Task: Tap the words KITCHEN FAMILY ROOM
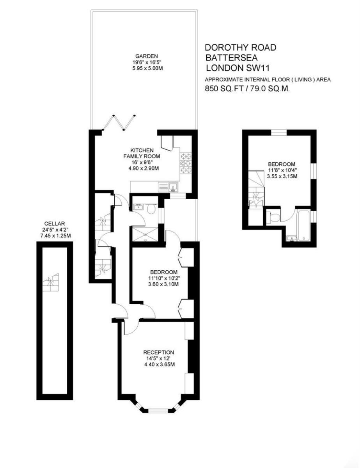tap(142, 153)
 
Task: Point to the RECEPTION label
tap(158, 352)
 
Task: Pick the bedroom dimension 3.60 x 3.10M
tap(164, 284)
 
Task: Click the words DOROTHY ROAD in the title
tap(241, 48)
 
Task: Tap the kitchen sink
tap(168, 188)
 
